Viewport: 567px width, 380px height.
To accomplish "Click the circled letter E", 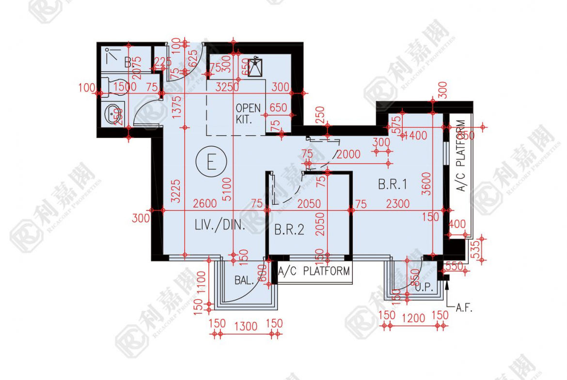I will pos(211,162).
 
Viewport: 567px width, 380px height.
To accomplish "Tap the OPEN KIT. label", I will pos(248,113).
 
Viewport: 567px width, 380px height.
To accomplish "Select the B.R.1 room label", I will pos(392,184).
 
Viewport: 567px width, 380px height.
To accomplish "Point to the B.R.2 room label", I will pos(289,229).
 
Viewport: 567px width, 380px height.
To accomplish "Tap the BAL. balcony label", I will pos(245,280).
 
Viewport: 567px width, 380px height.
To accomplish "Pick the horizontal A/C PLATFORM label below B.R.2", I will pos(314,271).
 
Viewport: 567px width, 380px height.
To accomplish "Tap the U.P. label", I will pos(424,287).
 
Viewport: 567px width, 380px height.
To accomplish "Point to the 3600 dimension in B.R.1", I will pos(426,184).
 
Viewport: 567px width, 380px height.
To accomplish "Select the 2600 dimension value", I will pos(205,204).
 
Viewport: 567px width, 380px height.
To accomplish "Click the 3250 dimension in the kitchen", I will pos(227,87).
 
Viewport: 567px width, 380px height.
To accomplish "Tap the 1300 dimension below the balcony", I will pos(245,326).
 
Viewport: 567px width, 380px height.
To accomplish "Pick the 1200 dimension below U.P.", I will pos(413,318).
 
